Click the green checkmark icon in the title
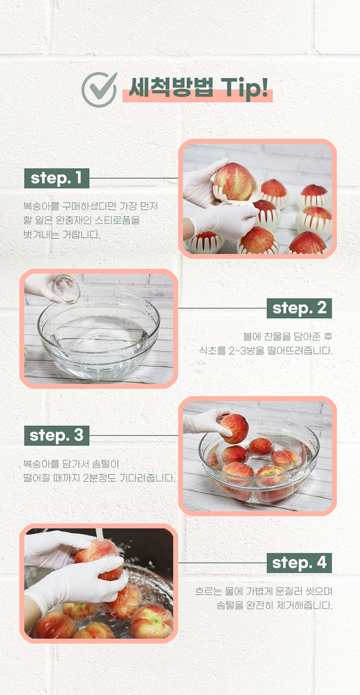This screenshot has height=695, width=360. [x=99, y=90]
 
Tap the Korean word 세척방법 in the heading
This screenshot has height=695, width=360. [x=171, y=87]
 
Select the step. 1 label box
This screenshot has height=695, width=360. [x=57, y=178]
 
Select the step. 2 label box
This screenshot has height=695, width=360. [x=299, y=308]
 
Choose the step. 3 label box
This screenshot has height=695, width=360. [x=57, y=435]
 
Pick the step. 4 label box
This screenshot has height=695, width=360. [x=299, y=563]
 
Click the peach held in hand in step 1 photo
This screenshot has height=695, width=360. [x=234, y=182]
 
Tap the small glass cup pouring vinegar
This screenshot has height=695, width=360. [x=66, y=289]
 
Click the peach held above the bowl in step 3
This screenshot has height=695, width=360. [x=234, y=428]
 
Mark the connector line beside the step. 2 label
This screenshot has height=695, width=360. [x=223, y=308]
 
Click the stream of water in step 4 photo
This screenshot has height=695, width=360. [x=99, y=535]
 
